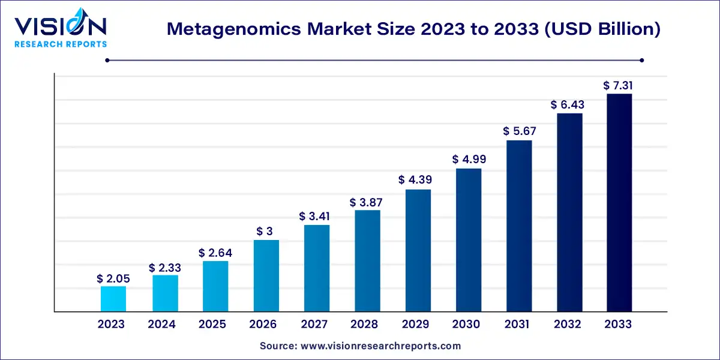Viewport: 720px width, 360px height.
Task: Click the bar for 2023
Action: tap(113, 299)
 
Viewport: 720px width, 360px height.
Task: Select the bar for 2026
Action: tap(266, 276)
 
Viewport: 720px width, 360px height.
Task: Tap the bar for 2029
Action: tap(418, 251)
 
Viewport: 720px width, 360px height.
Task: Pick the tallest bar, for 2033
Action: tap(619, 203)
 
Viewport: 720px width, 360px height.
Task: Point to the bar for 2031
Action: tap(519, 226)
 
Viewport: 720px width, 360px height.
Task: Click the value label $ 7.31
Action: tap(619, 86)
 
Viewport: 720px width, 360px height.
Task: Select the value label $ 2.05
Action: tap(113, 278)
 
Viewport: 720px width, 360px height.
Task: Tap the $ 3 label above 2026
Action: tap(266, 232)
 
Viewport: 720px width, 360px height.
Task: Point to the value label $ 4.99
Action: tap(469, 160)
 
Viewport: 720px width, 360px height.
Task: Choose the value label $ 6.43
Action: tap(568, 105)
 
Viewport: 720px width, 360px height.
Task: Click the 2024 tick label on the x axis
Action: tap(162, 325)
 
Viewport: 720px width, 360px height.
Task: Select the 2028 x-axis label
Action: tap(365, 325)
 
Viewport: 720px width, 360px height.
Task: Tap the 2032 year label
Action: tap(568, 325)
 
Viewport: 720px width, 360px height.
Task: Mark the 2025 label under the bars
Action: tap(212, 325)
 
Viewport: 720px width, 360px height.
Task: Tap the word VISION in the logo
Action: tap(60, 26)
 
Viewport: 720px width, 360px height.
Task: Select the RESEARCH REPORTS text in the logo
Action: tap(60, 44)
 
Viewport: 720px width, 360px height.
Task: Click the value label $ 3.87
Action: tap(367, 202)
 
